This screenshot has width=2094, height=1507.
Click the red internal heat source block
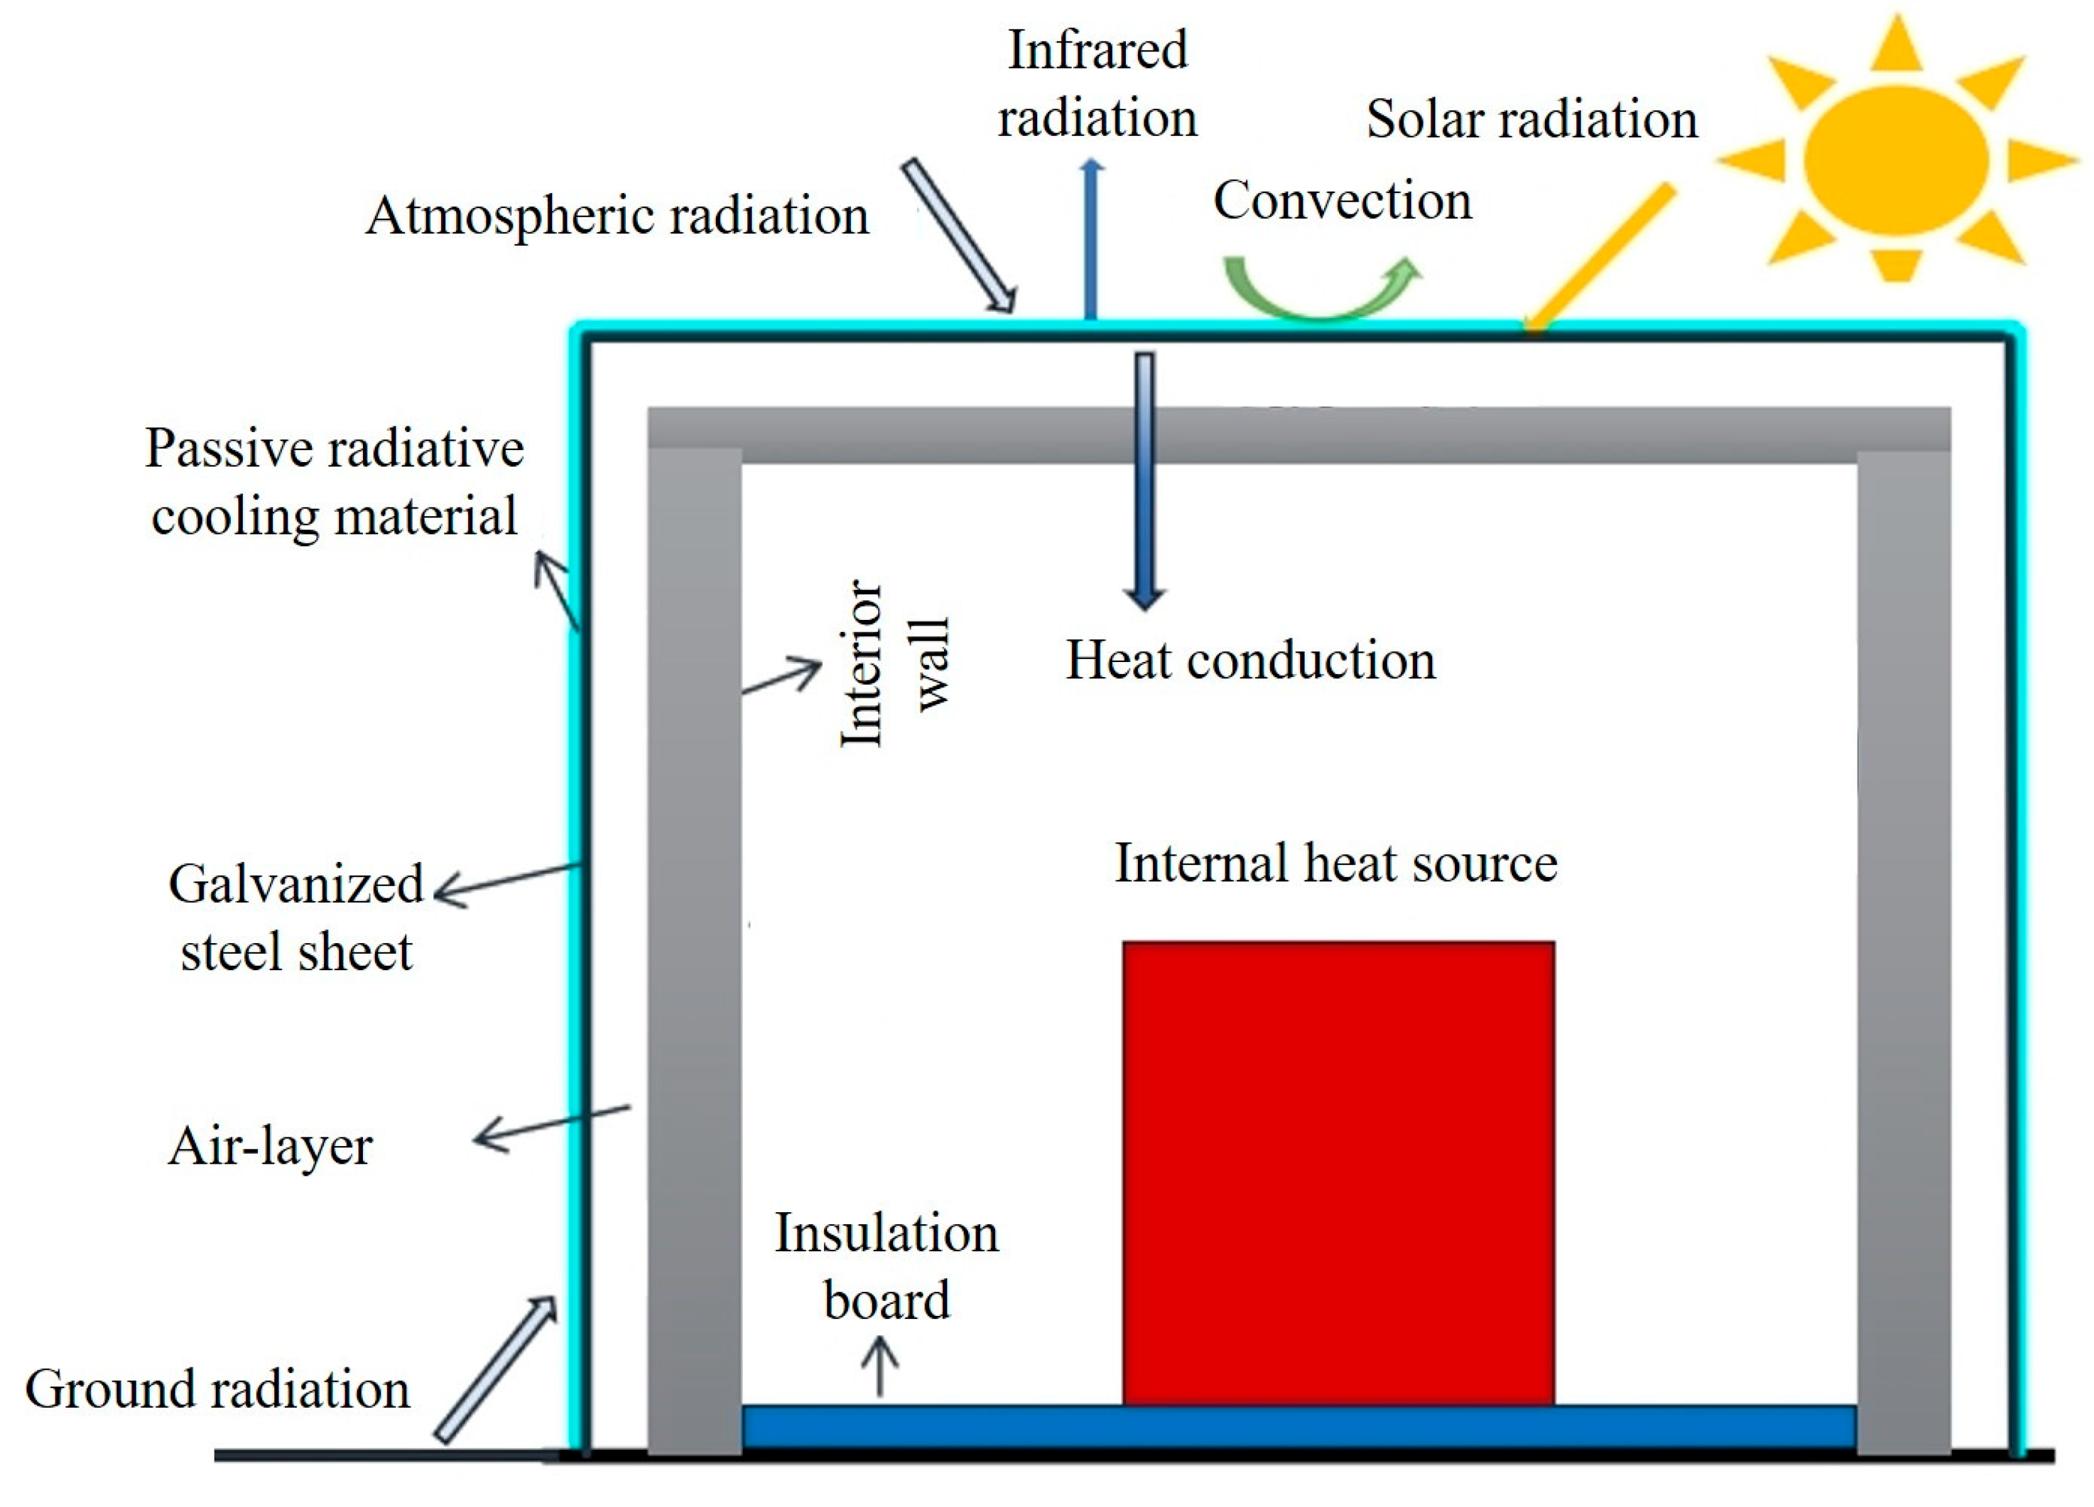pyautogui.click(x=1338, y=1172)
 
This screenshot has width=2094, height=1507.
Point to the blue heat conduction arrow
pyautogui.click(x=1145, y=480)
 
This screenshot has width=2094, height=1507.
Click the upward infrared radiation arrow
pyautogui.click(x=1091, y=240)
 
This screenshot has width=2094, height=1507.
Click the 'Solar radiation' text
pyautogui.click(x=1532, y=120)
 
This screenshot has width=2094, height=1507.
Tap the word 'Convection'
pyautogui.click(x=1342, y=201)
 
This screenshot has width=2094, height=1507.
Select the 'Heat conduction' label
pyautogui.click(x=1251, y=661)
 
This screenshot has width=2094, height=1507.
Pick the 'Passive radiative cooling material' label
pyautogui.click(x=334, y=482)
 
